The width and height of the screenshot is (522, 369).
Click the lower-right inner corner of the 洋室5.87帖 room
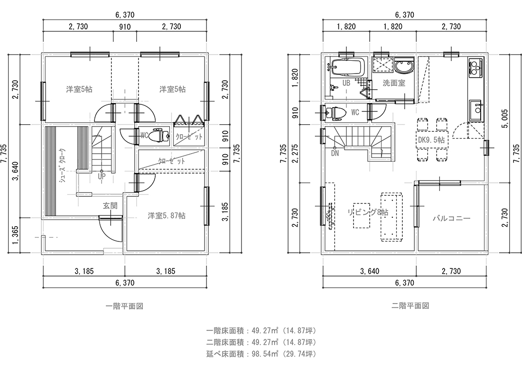click(205, 250)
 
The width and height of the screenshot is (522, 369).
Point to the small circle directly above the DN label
click(335, 148)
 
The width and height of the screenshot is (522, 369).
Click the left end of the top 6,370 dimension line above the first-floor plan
click(43, 20)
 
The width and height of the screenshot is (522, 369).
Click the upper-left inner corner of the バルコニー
click(419, 185)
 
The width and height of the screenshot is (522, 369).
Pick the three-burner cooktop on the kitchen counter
click(475, 67)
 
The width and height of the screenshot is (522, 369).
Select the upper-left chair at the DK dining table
click(422, 124)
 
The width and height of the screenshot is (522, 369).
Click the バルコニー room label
click(451, 219)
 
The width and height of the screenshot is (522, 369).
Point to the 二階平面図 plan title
click(410, 306)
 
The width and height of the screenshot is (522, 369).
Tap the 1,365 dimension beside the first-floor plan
click(15, 236)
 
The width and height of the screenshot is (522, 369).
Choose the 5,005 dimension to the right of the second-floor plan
click(505, 119)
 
